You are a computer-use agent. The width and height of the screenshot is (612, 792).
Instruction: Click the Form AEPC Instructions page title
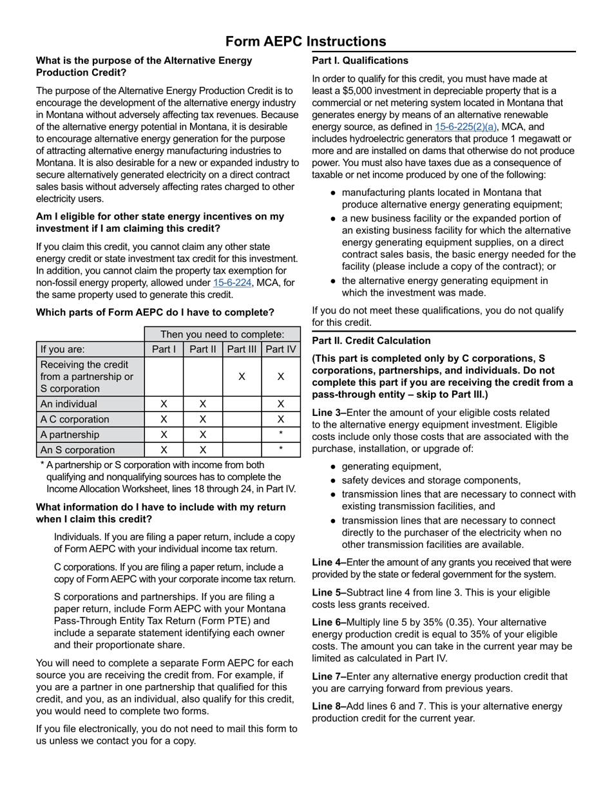306,42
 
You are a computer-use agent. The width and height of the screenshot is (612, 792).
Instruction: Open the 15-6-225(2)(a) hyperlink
466,127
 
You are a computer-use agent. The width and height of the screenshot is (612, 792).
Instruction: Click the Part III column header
242,350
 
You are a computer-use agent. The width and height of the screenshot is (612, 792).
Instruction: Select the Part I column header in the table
164,350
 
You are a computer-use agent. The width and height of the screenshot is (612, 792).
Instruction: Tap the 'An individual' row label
69,404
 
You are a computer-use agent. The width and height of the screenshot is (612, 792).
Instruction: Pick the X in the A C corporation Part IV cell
281,419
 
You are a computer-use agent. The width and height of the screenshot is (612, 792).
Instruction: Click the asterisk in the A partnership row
281,435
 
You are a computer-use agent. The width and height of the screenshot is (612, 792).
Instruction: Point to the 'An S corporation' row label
77,450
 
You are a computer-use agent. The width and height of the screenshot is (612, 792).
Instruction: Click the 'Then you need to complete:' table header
222,334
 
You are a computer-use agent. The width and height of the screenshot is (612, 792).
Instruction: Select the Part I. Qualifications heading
360,61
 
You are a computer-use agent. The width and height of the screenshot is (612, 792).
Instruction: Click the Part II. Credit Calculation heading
371,341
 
